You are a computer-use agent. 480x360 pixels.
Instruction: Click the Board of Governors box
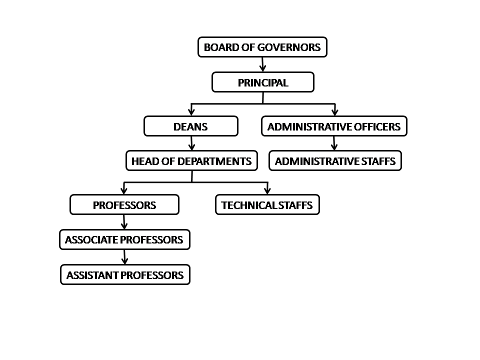point(262,47)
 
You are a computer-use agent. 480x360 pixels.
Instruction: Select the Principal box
point(263,82)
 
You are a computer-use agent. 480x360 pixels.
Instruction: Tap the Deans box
point(191,126)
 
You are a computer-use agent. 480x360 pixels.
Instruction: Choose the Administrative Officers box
point(334,126)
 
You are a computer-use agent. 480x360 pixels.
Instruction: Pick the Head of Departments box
point(191,160)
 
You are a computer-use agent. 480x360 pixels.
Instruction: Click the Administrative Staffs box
point(335,160)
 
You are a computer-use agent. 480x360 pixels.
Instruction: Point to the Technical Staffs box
point(267,205)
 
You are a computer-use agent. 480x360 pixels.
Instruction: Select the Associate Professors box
point(124,239)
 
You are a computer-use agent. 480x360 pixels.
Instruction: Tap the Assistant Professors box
point(125,274)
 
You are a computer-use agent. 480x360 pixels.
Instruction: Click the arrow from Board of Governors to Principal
point(262,64)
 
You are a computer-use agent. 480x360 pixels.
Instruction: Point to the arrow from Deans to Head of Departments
point(191,143)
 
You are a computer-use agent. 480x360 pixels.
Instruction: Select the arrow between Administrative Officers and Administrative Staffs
point(334,143)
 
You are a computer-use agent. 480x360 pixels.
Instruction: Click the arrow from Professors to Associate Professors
point(124,222)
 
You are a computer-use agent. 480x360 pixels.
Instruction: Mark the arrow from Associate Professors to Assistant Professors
point(124,257)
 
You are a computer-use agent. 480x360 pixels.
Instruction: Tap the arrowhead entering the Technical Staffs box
point(267,190)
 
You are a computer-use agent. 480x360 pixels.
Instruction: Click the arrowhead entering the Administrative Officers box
point(335,112)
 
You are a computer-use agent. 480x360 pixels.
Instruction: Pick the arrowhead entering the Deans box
point(191,112)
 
